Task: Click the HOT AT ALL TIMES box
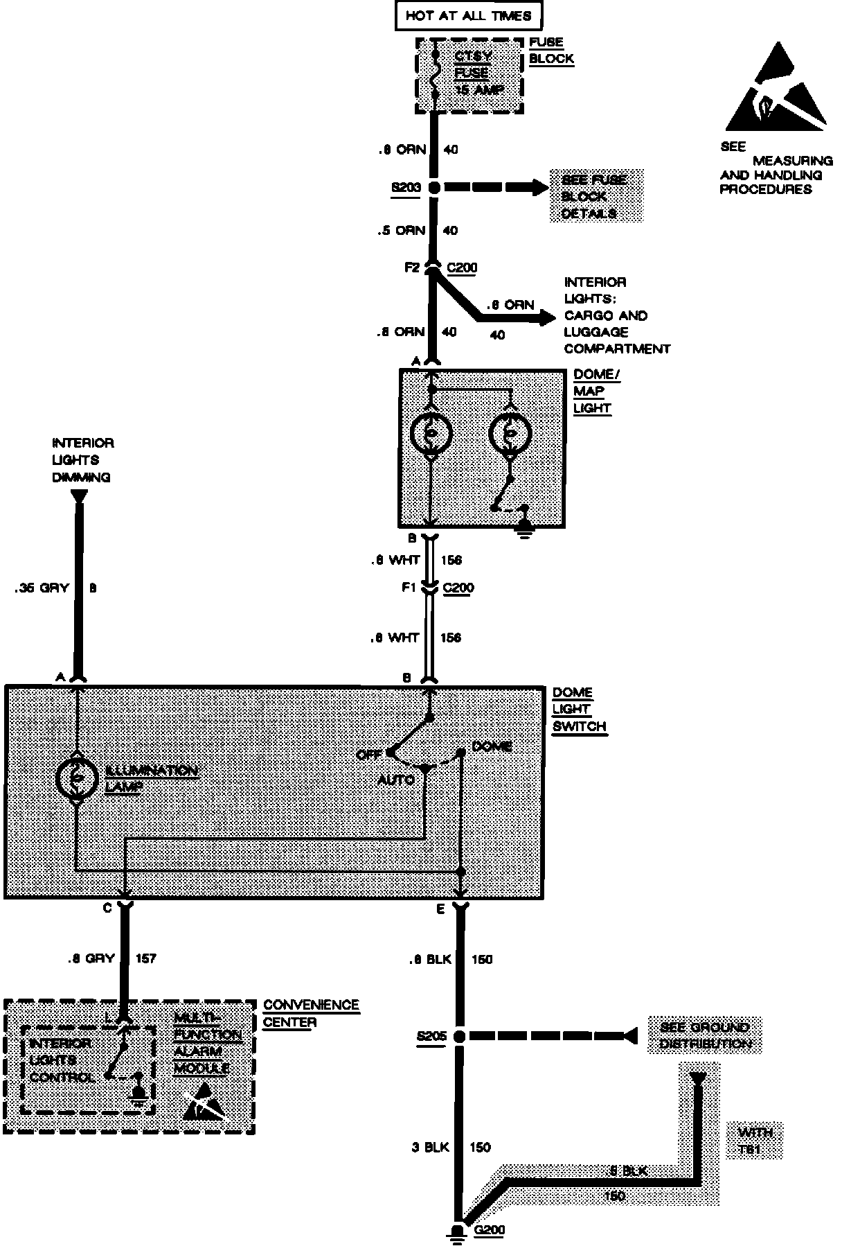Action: (x=468, y=16)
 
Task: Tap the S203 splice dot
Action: (x=434, y=187)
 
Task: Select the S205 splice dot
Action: (x=458, y=1036)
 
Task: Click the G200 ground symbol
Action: (x=457, y=1230)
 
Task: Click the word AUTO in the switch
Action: (x=395, y=780)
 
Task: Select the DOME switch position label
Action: (x=491, y=746)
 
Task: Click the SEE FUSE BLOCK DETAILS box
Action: (x=596, y=196)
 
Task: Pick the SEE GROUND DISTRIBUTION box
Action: (x=705, y=1035)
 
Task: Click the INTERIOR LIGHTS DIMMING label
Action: (x=82, y=459)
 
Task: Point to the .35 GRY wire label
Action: (x=42, y=588)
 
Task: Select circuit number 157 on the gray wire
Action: (x=146, y=958)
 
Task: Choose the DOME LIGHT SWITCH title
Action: (x=580, y=709)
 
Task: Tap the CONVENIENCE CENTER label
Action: (x=311, y=1013)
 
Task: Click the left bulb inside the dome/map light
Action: (x=431, y=434)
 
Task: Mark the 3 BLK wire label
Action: (x=430, y=1147)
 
